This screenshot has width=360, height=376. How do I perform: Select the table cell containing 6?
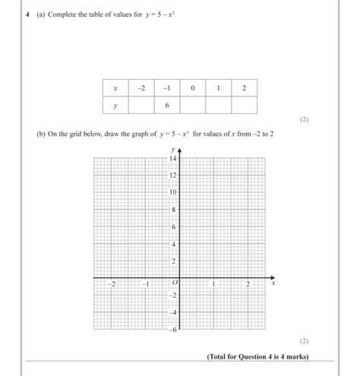point(166,106)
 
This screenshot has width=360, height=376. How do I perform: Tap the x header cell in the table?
point(115,88)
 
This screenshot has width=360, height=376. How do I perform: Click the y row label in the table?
point(115,106)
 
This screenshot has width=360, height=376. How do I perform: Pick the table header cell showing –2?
point(141,88)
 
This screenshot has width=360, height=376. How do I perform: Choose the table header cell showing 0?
point(193,88)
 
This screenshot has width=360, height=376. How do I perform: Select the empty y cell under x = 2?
point(244,106)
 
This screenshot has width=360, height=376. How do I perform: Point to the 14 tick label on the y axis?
point(172,159)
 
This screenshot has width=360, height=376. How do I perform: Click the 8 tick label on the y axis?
point(174,210)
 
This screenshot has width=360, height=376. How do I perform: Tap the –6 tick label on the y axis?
point(172,330)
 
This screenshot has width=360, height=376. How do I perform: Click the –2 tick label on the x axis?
point(112,284)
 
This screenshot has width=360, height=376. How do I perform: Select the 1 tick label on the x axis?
point(213,284)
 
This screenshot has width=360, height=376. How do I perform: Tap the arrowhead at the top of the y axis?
point(179,151)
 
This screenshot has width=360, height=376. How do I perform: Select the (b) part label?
point(42,134)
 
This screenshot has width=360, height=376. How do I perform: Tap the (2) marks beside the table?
point(304,119)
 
